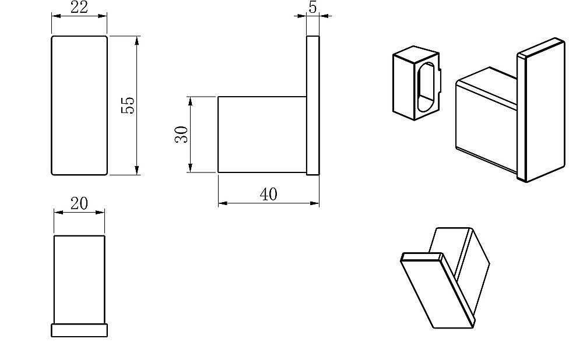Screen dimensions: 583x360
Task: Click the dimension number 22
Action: (79, 8)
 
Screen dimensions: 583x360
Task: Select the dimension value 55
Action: (128, 105)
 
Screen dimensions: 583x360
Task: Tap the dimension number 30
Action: (181, 135)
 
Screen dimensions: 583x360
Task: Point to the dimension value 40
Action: (268, 195)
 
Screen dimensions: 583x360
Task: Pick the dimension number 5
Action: (312, 8)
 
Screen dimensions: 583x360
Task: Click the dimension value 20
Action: (79, 203)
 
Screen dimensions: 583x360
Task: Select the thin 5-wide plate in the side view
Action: (313, 105)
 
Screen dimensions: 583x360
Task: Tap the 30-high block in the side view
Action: (262, 135)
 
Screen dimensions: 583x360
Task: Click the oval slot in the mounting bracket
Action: (426, 87)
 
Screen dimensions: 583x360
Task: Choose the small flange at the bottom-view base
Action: (79, 330)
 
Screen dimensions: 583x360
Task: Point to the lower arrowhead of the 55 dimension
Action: (137, 170)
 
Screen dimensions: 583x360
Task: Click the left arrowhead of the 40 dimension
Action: (223, 203)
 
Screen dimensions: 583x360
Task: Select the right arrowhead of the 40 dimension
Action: (315, 203)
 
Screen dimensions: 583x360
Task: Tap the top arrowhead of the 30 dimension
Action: (190, 101)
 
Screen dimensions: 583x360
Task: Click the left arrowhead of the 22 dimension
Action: (56, 16)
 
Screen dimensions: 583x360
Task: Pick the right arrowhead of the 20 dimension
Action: (100, 213)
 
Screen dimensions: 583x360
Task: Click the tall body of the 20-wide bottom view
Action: (79, 280)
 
